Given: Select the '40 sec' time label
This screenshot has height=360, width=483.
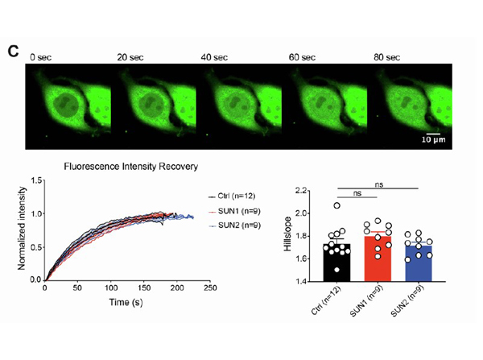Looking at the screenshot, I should coord(216,57).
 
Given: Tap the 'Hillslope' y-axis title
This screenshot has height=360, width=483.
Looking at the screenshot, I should coord(288,236).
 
